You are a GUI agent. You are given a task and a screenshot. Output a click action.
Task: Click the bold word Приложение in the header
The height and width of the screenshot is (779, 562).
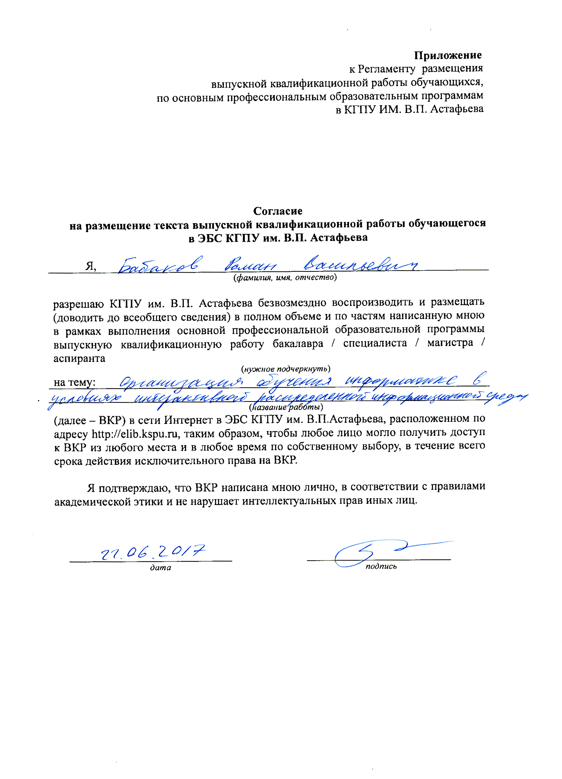447,55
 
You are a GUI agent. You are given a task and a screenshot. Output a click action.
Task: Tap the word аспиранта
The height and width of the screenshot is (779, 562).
79,358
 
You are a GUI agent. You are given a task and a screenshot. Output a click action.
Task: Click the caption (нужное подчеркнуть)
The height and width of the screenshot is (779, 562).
286,369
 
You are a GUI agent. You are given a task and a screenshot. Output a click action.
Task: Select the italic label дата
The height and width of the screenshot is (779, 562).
160,567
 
